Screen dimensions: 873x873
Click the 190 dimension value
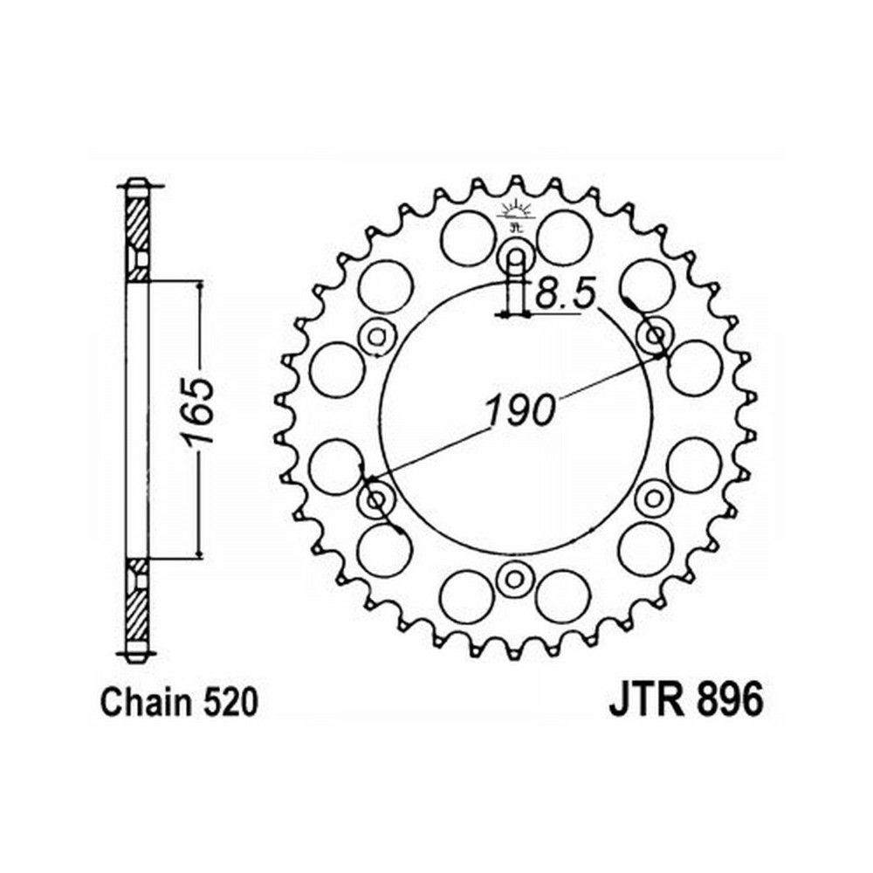point(520,410)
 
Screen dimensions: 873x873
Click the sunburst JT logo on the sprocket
point(516,215)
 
